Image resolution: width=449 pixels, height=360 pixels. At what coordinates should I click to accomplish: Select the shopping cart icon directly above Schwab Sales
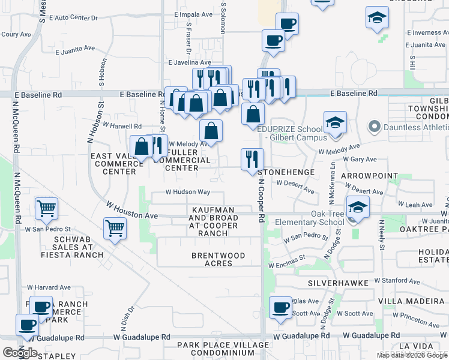click(x=115, y=227)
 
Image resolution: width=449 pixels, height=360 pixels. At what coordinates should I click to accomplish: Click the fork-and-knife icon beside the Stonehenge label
click(x=252, y=159)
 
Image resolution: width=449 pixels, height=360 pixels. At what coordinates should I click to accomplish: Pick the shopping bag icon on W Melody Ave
click(x=211, y=130)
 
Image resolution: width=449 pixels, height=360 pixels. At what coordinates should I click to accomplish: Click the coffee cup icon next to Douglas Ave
click(x=280, y=308)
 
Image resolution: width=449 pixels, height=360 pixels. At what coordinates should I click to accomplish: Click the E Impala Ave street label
click(x=194, y=14)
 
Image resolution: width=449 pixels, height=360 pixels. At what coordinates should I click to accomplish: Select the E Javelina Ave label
click(x=190, y=62)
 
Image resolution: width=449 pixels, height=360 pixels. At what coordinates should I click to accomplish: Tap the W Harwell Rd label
click(x=122, y=126)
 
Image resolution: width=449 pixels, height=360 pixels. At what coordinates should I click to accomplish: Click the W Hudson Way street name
click(x=188, y=193)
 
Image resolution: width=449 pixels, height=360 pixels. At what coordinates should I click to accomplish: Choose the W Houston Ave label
click(x=131, y=211)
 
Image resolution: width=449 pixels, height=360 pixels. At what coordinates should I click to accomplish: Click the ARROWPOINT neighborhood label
click(x=369, y=176)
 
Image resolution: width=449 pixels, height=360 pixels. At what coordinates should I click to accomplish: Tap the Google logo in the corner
click(x=20, y=352)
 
